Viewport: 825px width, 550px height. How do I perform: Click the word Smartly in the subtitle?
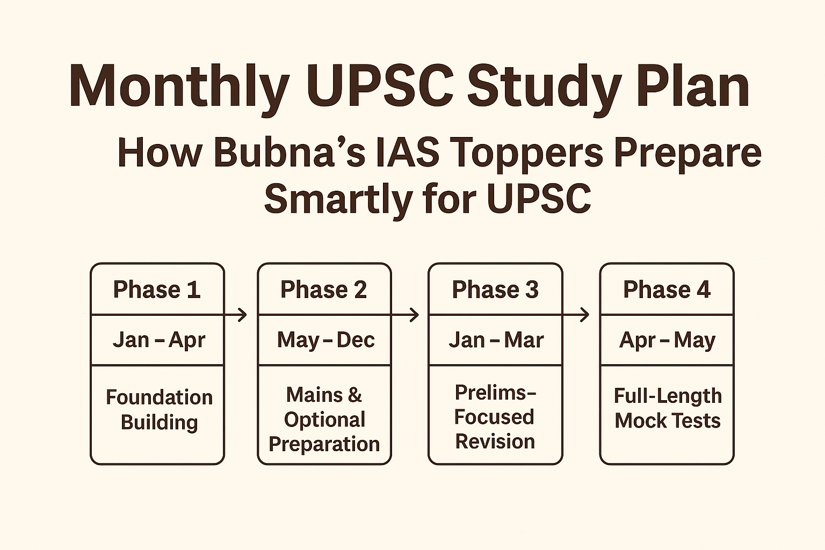[338, 199]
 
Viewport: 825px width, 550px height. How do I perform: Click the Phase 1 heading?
[157, 290]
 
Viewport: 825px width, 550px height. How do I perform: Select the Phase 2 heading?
[324, 290]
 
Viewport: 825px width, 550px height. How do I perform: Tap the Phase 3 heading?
[495, 290]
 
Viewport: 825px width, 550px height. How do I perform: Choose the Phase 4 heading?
[667, 290]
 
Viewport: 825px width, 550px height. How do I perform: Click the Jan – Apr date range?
[158, 340]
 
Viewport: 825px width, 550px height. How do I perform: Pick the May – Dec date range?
[325, 340]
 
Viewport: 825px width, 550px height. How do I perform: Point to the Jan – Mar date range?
[496, 340]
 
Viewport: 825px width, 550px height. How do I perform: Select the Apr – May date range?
[667, 340]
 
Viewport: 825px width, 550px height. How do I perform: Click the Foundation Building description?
[159, 409]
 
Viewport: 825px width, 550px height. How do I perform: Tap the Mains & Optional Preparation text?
[324, 419]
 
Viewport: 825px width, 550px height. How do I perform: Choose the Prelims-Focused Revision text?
[495, 417]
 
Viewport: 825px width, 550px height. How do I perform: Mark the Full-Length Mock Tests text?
[668, 408]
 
